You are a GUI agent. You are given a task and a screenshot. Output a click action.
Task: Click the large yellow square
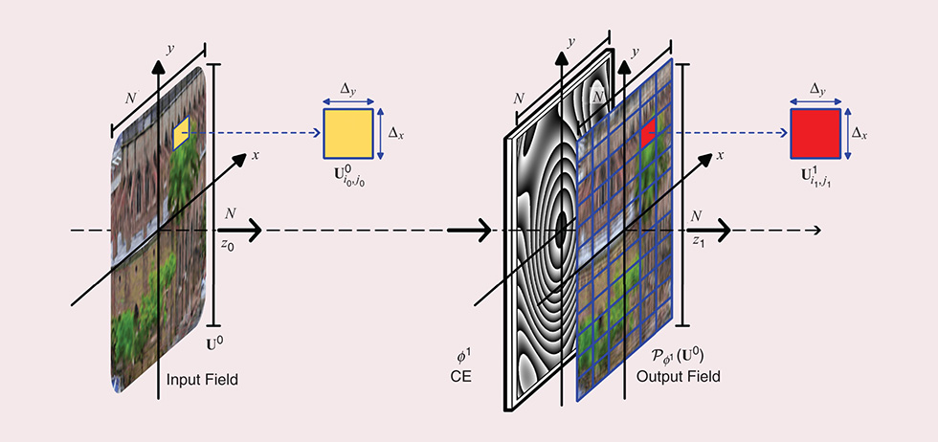point(347,133)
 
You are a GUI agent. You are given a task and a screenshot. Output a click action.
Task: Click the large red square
point(815,133)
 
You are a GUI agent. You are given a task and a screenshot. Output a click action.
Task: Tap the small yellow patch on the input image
point(181,133)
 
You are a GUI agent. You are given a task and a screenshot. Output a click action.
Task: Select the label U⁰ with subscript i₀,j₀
point(346,176)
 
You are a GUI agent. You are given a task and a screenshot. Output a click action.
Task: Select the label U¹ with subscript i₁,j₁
point(815,176)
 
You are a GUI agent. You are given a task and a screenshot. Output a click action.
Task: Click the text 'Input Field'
point(202,381)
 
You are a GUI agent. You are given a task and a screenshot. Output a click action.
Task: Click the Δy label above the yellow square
point(348,89)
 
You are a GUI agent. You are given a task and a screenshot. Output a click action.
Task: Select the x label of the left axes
point(256,156)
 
